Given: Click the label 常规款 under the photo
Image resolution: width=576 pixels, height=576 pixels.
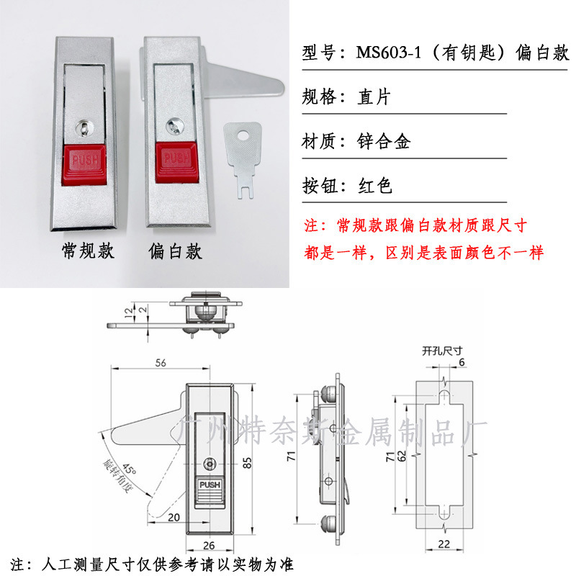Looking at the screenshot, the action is (x=88, y=252).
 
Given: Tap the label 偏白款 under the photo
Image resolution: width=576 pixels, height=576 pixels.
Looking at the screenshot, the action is (x=175, y=252).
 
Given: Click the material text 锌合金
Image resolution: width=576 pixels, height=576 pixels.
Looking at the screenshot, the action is (x=384, y=142).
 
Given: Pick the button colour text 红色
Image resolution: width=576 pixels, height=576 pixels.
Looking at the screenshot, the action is (x=375, y=187).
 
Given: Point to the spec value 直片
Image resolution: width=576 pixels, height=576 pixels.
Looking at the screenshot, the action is (x=374, y=97).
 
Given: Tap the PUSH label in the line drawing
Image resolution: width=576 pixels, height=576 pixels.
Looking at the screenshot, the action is (x=211, y=485).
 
